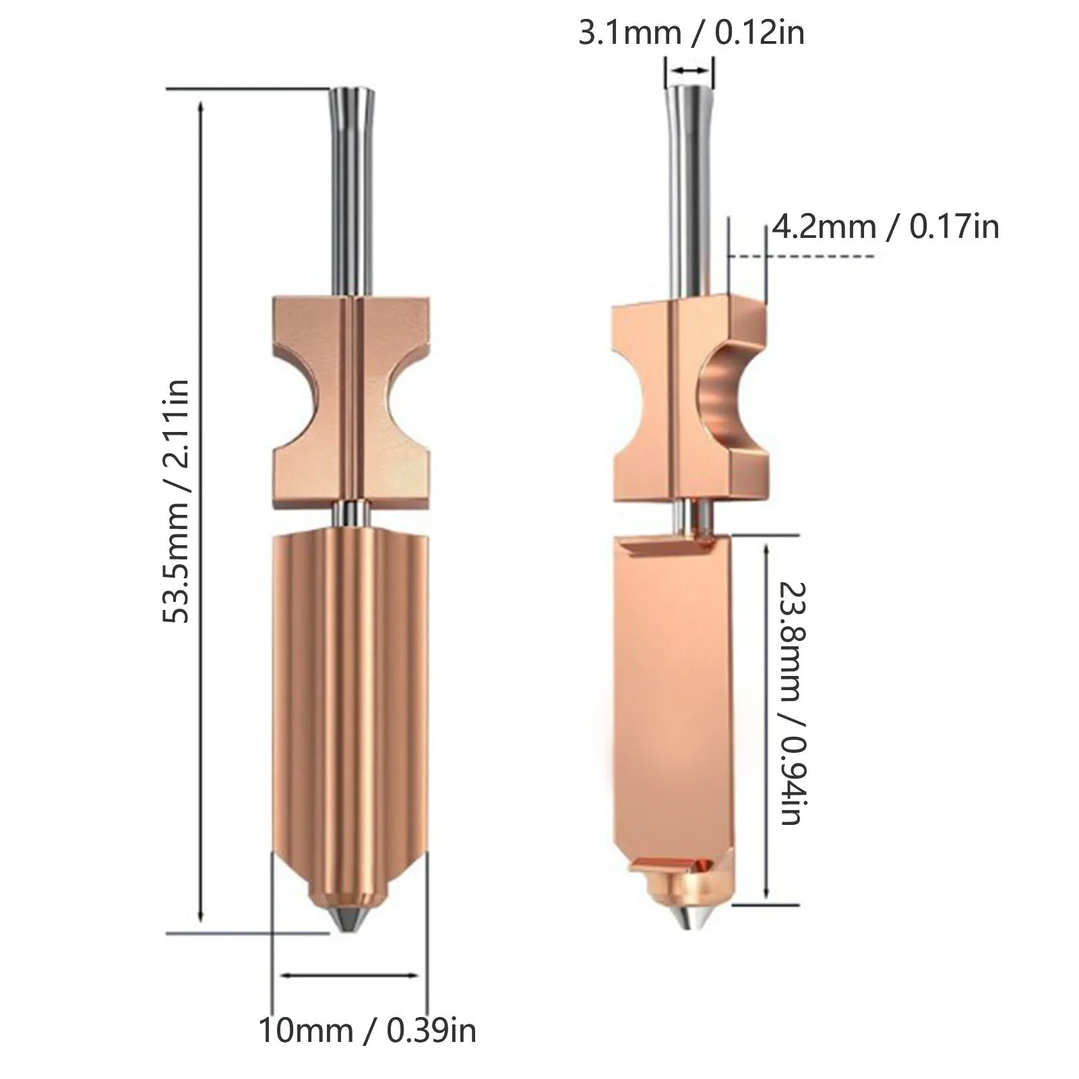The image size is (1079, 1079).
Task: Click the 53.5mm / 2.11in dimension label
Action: (x=179, y=501)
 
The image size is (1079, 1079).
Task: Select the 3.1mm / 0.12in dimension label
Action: (x=691, y=33)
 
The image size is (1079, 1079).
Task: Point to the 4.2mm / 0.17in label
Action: (x=886, y=226)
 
